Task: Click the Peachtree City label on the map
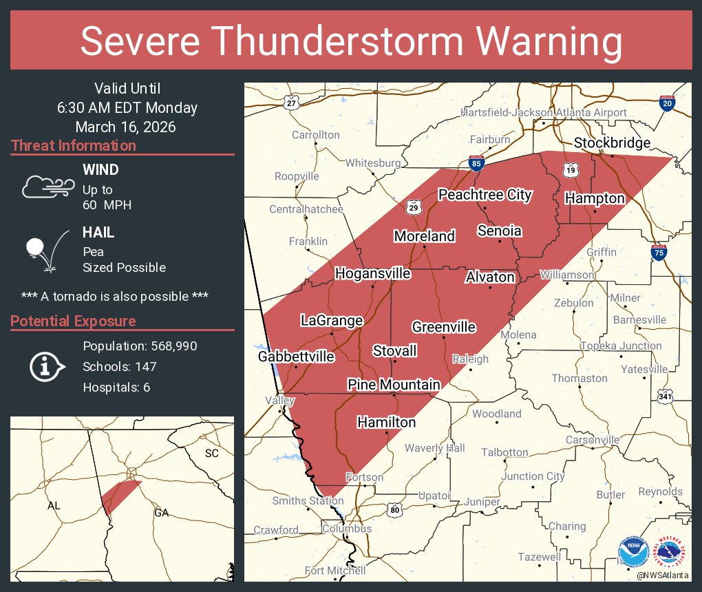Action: (485, 195)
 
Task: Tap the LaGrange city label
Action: (331, 320)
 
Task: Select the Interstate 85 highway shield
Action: (477, 164)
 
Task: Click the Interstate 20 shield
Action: (666, 103)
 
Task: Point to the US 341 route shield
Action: (665, 396)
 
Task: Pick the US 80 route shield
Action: (394, 510)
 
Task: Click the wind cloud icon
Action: (45, 187)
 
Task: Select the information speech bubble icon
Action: (45, 366)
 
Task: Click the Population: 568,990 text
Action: (140, 346)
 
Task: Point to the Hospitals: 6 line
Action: (116, 387)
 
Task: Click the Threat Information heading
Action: (74, 145)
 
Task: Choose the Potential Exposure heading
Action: (73, 321)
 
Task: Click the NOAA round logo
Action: (633, 553)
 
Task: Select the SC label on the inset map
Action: (211, 454)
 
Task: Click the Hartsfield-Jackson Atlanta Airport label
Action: (544, 112)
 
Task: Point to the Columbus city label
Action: (346, 529)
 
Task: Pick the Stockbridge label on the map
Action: (612, 143)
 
